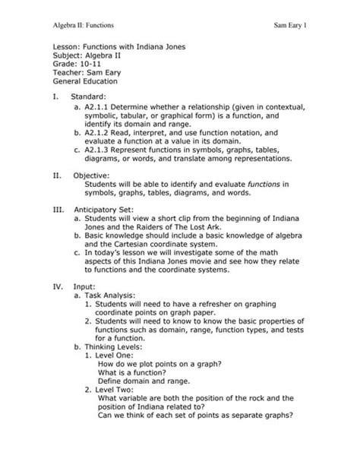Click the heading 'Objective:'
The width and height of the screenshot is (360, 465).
pos(91,176)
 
